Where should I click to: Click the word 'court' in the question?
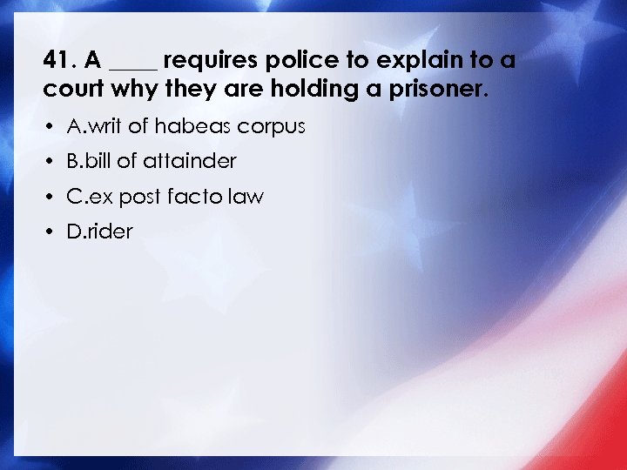(x=71, y=89)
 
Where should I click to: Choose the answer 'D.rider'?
(x=99, y=232)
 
